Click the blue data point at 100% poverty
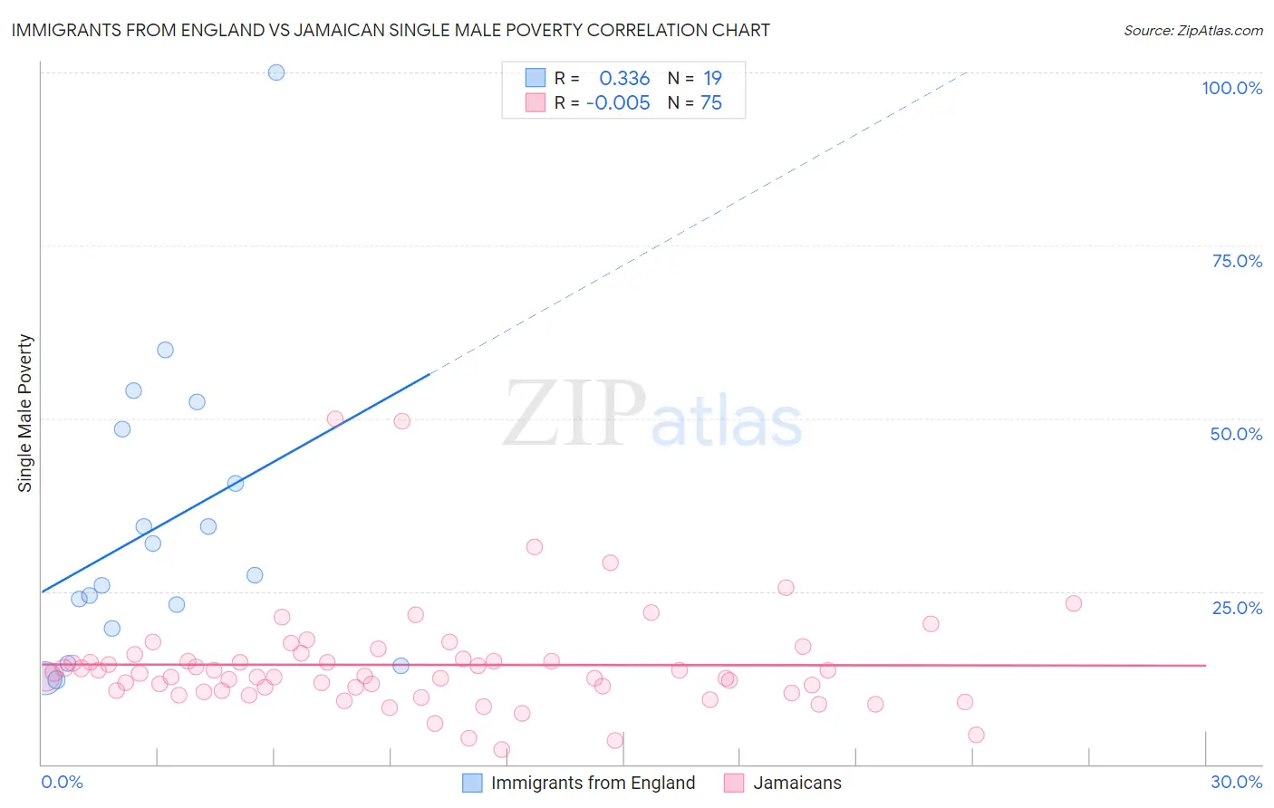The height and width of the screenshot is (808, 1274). point(276,72)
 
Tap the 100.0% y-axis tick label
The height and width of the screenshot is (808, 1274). point(1231,88)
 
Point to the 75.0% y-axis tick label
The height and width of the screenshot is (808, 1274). point(1237,261)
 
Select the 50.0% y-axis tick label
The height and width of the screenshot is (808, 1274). point(1236,434)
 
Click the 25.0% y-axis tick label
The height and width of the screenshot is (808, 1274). point(1237,608)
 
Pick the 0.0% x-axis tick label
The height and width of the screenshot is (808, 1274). point(62,782)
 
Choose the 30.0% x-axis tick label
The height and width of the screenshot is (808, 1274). point(1236,782)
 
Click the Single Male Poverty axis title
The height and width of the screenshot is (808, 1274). point(25,413)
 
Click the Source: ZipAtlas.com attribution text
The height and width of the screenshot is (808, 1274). point(1192,30)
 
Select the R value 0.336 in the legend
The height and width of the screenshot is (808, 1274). point(624,79)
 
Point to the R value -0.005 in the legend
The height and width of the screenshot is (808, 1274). point(618,103)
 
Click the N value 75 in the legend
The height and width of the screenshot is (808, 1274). point(711,103)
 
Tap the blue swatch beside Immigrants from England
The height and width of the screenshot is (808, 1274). point(472,783)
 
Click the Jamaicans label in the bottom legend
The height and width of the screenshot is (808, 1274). point(797,783)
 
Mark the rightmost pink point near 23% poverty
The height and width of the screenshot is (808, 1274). point(1074,603)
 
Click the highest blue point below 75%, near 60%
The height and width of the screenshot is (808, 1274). point(165,350)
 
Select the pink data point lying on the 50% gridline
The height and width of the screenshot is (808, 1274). point(335,418)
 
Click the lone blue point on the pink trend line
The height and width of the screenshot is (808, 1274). point(401,666)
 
